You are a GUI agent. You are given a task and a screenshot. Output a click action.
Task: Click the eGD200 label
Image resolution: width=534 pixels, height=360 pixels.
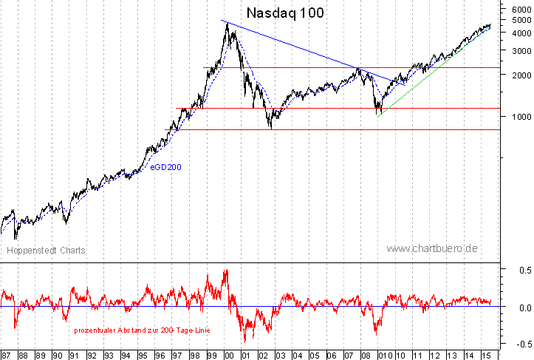pos(165,168)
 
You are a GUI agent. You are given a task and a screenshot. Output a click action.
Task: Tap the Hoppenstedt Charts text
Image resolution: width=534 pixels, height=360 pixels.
pos(47,251)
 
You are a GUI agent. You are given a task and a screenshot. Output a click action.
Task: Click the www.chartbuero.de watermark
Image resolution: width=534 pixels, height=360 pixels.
pos(431,249)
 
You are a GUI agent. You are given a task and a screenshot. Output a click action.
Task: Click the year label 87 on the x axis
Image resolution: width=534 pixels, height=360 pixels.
pos(7,354)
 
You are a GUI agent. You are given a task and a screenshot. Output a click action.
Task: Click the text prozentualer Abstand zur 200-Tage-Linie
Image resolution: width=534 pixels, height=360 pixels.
pos(142,330)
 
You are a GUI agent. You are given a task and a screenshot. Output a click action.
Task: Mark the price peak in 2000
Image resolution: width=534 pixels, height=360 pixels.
pos(227,23)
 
